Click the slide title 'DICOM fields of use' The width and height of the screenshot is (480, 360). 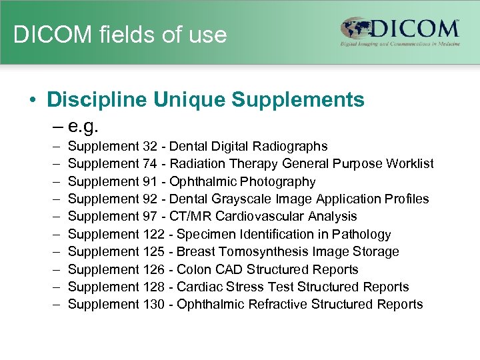(120, 35)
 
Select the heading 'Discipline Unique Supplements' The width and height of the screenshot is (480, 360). (205, 100)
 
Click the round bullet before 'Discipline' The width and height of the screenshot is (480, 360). (32, 101)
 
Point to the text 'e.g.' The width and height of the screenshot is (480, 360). (83, 125)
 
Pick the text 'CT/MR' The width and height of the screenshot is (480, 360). (189, 216)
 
